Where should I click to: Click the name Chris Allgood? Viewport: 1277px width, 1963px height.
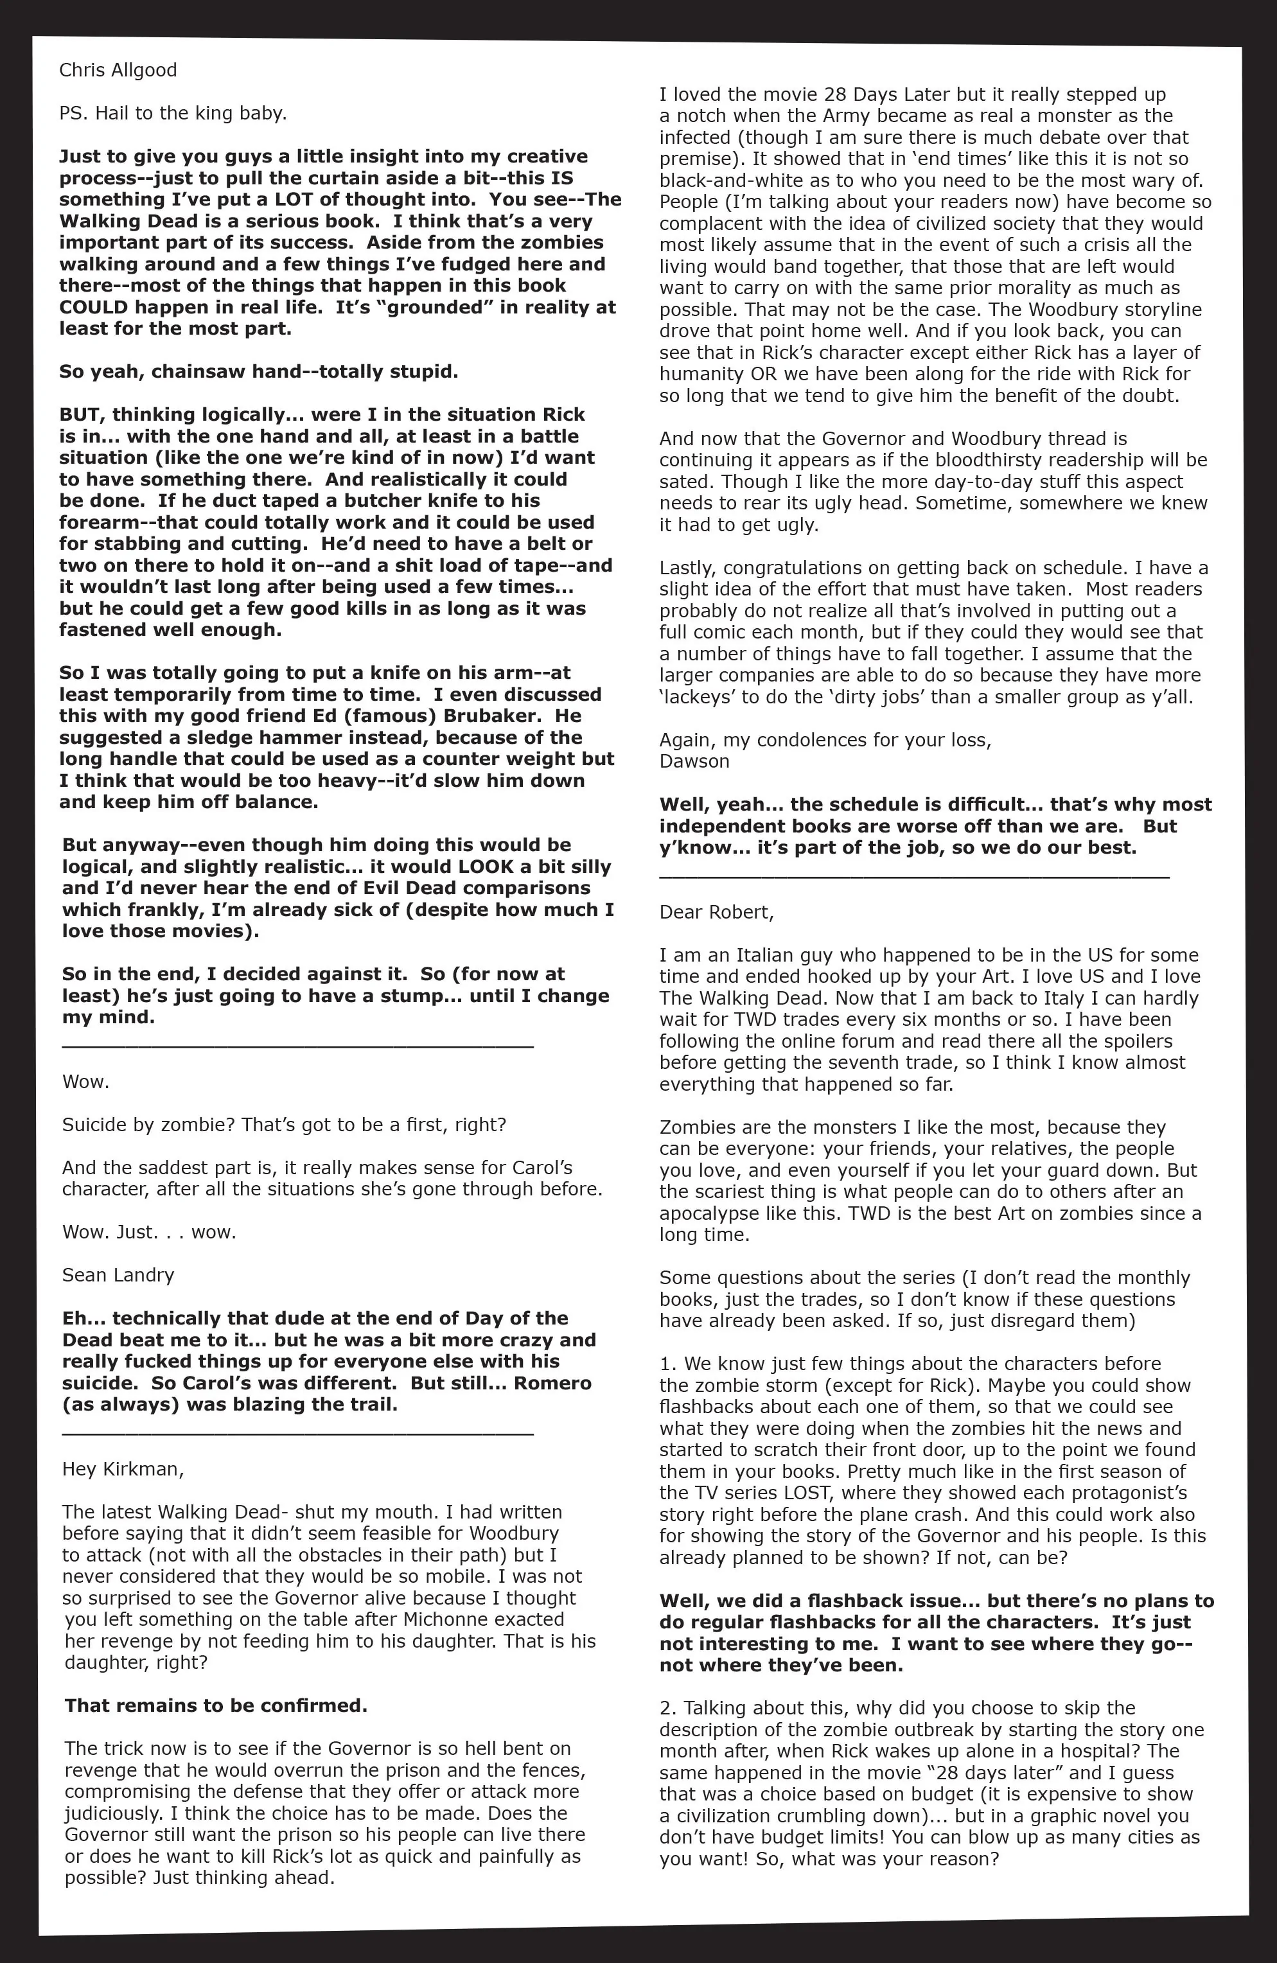click(x=118, y=70)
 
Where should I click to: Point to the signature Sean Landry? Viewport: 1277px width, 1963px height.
click(x=118, y=1275)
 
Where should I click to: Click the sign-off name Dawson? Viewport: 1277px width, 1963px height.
click(x=694, y=761)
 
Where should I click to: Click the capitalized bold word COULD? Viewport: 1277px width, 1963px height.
click(x=93, y=307)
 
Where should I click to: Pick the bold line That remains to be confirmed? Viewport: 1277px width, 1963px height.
click(x=216, y=1705)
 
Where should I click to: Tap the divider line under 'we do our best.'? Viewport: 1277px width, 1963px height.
click(x=914, y=877)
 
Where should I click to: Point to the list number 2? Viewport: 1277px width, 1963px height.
click(x=665, y=1707)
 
